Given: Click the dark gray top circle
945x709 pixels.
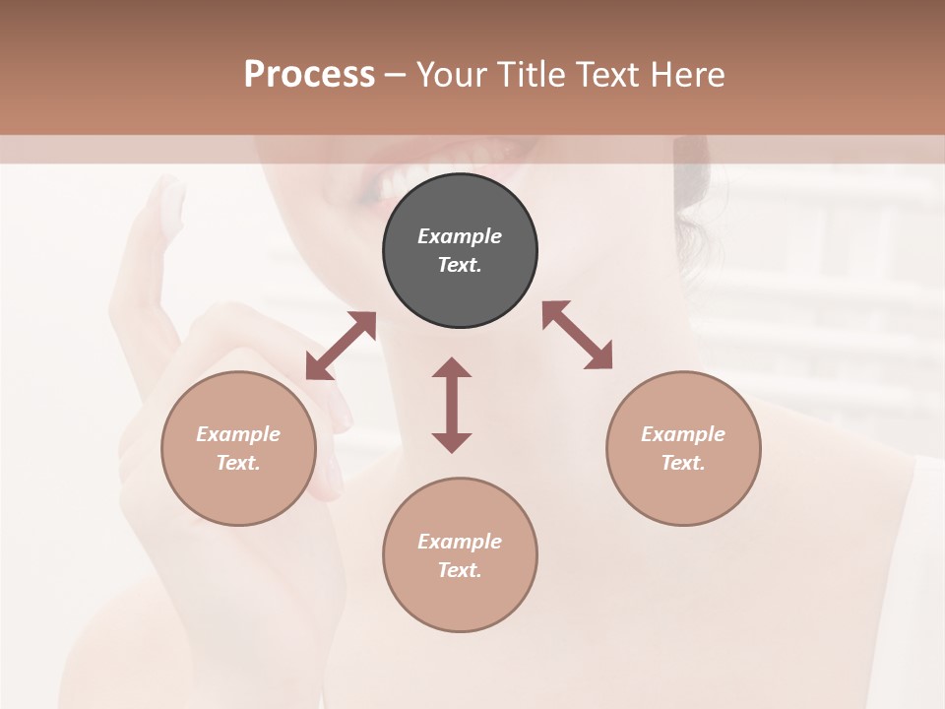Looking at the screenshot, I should [x=460, y=250].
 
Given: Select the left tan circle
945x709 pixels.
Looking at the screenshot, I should [x=238, y=448].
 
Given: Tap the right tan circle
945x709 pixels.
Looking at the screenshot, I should [x=683, y=448].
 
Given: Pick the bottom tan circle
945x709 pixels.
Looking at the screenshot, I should [x=460, y=554].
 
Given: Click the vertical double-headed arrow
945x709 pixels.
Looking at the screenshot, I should [x=452, y=405].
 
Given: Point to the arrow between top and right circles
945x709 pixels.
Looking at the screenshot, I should [x=577, y=335].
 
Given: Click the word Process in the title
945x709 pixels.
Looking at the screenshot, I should [x=309, y=74].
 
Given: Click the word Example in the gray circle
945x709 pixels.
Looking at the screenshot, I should [x=460, y=236].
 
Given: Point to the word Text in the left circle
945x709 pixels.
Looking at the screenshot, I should [x=238, y=463].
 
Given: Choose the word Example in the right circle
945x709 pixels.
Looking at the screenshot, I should [x=683, y=434].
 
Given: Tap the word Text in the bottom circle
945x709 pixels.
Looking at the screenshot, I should [x=460, y=570].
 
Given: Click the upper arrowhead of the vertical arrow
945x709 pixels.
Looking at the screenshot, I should [x=452, y=368].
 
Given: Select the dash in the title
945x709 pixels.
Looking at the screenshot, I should [x=395, y=74].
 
